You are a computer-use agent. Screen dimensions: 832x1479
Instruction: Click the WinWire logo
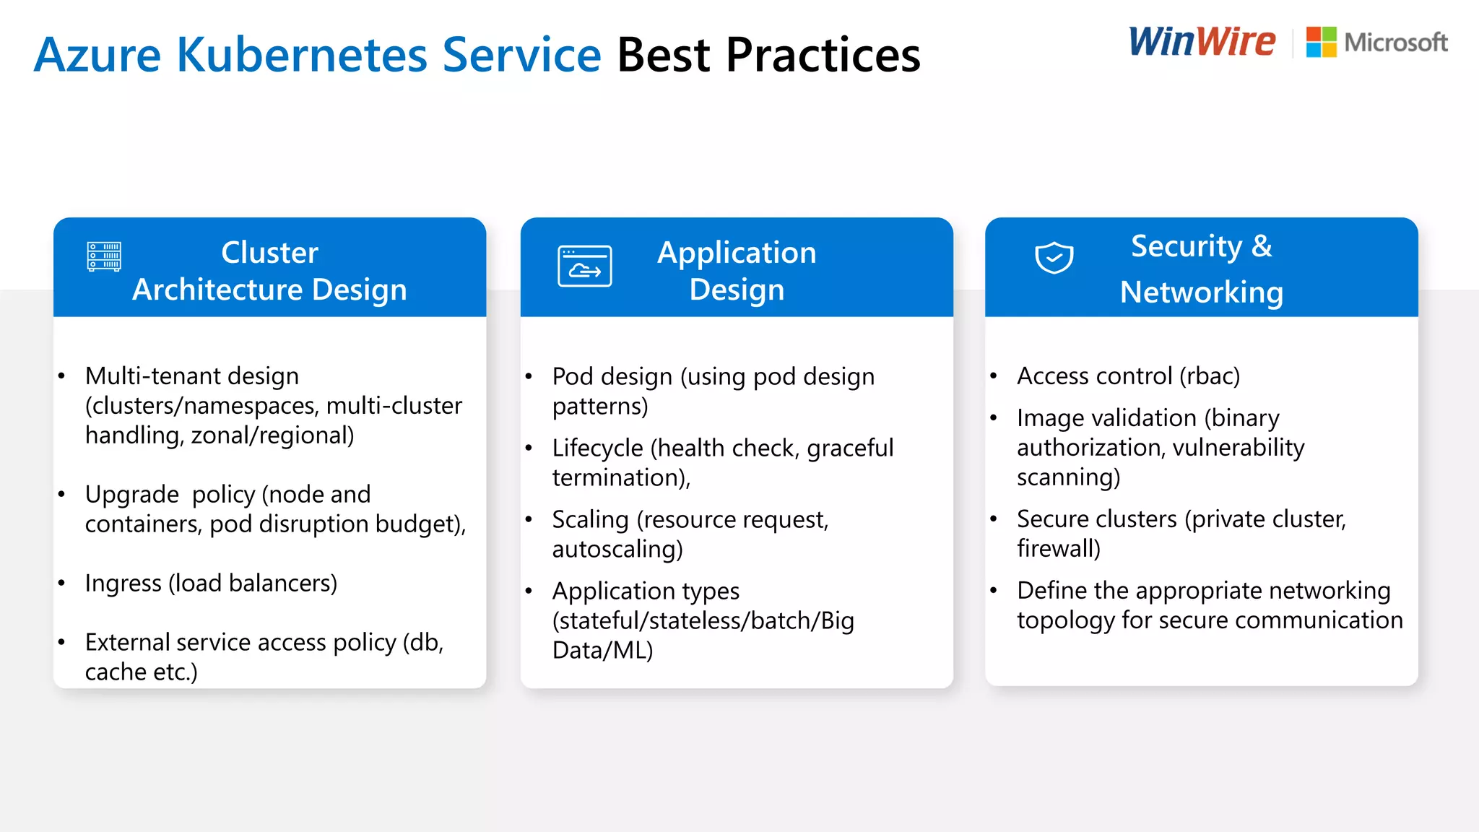[1202, 42]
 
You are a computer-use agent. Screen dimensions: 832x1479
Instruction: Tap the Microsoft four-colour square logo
[1321, 42]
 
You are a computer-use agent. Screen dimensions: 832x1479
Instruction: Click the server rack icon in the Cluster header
[104, 256]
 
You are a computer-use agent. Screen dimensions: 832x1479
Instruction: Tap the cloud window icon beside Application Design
[584, 266]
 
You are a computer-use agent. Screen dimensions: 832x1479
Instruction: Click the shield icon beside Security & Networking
[1054, 257]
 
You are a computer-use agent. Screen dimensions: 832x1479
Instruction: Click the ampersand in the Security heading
[1261, 246]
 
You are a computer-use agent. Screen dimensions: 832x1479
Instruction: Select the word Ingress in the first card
[123, 583]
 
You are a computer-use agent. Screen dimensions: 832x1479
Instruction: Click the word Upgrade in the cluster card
[131, 495]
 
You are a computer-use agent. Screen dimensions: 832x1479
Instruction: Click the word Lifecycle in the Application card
[597, 448]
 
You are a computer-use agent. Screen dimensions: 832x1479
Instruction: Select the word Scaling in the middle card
[590, 519]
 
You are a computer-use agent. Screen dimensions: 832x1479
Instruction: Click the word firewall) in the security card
[1058, 549]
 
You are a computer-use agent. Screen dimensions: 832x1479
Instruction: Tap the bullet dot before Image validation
[993, 417]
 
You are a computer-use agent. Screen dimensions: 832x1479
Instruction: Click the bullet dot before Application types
[529, 591]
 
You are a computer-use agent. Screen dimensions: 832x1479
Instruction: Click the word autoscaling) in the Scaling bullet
[617, 550]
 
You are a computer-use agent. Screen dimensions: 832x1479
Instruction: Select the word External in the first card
[127, 642]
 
